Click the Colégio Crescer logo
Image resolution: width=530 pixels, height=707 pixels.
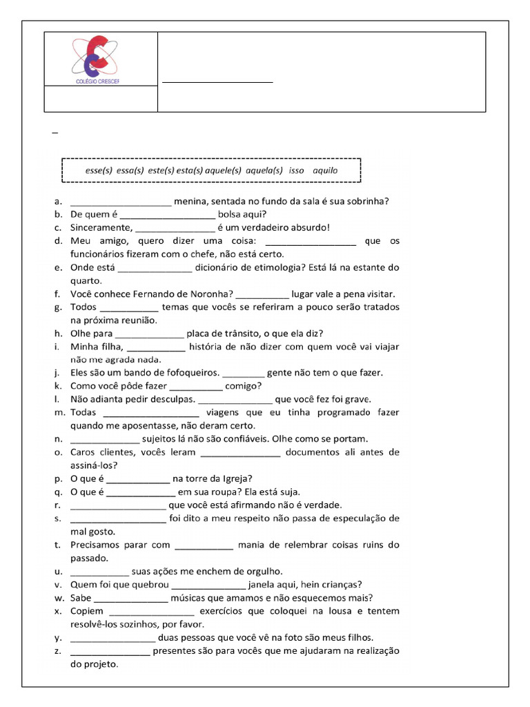[101, 59]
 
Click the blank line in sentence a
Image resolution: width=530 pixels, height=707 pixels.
[121, 204]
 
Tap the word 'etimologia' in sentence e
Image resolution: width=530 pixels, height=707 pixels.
[298, 267]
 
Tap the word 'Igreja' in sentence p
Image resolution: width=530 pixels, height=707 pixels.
[235, 478]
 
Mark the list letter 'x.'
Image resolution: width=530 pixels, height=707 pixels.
[57, 611]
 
